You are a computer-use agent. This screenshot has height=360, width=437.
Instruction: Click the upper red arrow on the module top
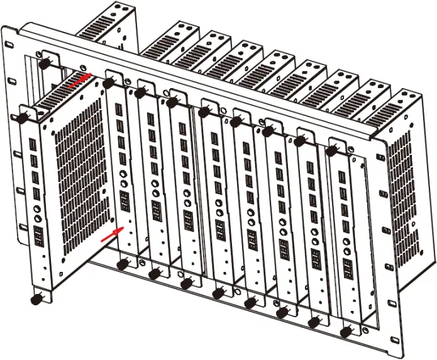tap(80, 79)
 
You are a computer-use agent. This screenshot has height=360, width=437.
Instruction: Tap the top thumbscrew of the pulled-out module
tap(21, 118)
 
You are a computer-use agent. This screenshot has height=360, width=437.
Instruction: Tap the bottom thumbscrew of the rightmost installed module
tap(345, 330)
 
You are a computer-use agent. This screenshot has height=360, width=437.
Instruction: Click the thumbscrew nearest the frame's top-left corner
tap(45, 64)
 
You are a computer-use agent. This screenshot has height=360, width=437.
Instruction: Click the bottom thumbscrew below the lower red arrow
tap(122, 265)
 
